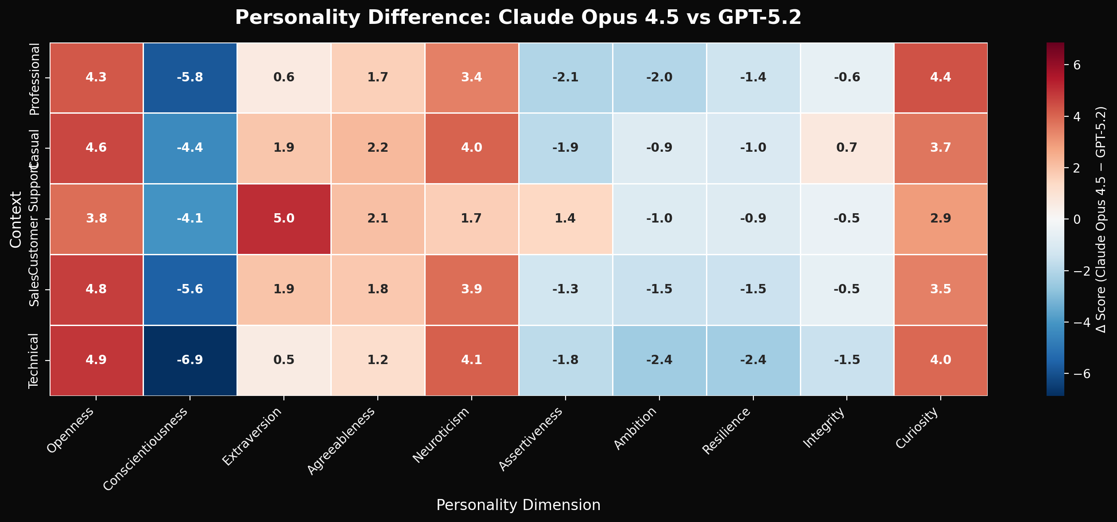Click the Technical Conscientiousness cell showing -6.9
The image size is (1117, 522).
(190, 360)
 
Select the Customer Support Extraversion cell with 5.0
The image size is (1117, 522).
(284, 219)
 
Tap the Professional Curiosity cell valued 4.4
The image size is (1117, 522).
(941, 77)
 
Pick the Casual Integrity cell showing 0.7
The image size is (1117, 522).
(847, 148)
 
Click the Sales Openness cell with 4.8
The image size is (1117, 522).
(96, 289)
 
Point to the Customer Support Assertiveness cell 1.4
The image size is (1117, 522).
(565, 219)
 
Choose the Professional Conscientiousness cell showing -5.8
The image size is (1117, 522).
(190, 77)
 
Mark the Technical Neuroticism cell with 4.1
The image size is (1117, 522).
(471, 360)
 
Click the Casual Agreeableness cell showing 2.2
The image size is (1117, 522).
(377, 148)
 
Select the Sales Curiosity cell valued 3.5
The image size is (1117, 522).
(941, 289)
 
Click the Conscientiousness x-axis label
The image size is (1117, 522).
(146, 449)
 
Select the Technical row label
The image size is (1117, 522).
(34, 361)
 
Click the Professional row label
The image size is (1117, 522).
(34, 79)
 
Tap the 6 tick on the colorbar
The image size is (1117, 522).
(1086, 65)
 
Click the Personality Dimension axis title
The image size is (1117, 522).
(518, 505)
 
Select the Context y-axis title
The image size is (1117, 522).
(16, 219)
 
